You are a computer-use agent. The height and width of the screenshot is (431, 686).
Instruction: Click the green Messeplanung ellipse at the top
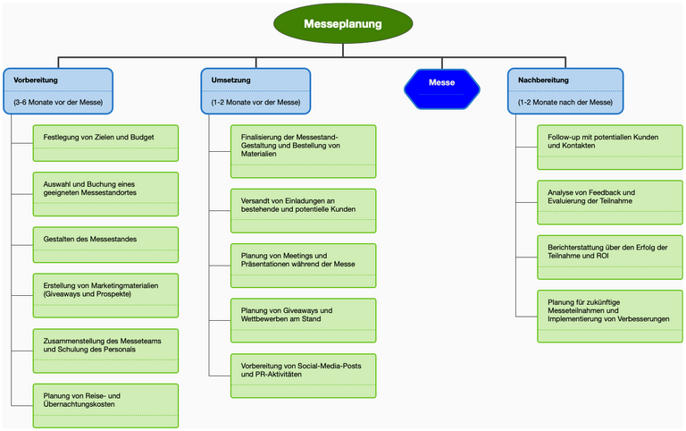(x=343, y=25)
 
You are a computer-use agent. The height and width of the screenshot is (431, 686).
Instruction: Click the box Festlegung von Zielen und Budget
(x=105, y=143)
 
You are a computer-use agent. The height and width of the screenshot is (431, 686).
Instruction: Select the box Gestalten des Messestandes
(x=105, y=244)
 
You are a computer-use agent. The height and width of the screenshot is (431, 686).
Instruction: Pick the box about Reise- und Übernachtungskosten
(x=105, y=405)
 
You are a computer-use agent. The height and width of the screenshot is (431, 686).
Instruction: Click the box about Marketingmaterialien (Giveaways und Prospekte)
(x=105, y=295)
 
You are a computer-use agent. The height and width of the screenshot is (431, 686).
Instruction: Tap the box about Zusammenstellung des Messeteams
(x=105, y=350)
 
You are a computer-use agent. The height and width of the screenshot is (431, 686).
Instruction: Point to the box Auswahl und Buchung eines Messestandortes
(x=105, y=194)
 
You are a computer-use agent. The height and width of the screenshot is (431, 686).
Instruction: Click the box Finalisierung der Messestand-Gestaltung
(x=303, y=151)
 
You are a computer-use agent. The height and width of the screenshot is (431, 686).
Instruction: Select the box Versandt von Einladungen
(x=303, y=210)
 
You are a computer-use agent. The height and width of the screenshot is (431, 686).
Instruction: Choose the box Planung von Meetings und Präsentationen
(x=303, y=265)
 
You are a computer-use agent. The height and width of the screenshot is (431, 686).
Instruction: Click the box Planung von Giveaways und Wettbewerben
(x=303, y=319)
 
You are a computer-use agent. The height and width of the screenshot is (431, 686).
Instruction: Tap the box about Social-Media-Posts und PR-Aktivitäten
(x=303, y=375)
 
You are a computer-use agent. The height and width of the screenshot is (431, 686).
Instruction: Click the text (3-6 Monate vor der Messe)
(x=59, y=102)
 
